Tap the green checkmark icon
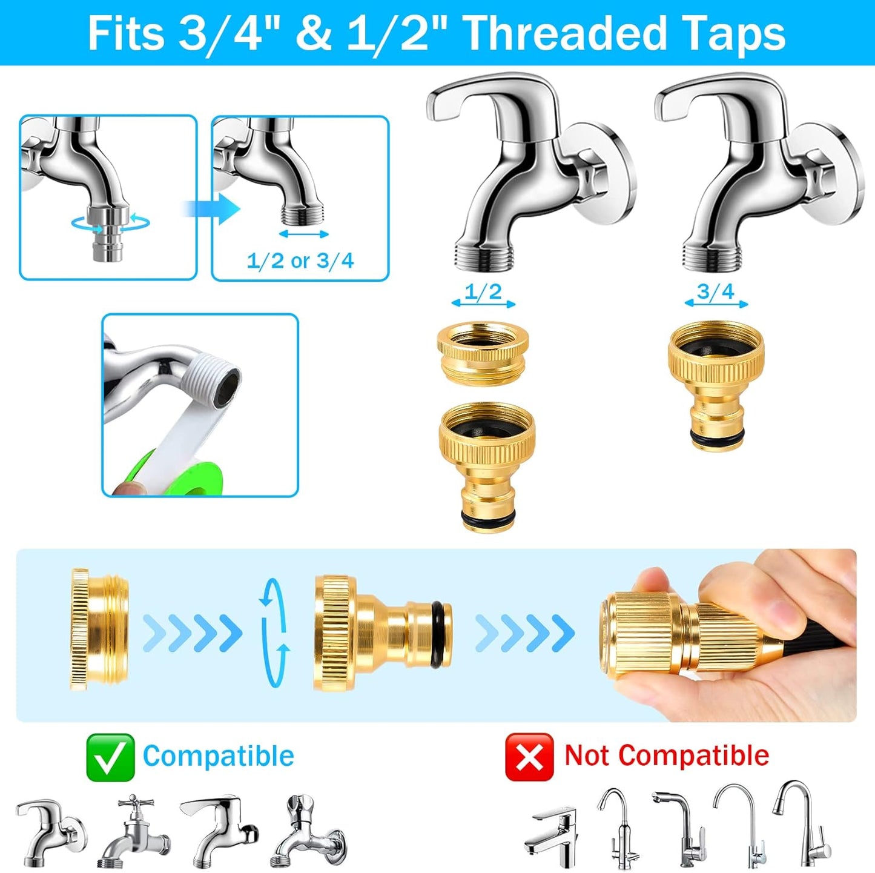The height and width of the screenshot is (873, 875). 110,757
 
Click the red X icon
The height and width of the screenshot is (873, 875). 529,757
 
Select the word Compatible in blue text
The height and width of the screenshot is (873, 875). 219,756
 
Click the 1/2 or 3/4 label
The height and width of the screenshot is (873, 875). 300,261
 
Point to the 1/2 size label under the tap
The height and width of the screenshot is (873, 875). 483,291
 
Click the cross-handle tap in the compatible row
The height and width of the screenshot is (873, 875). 134,830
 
